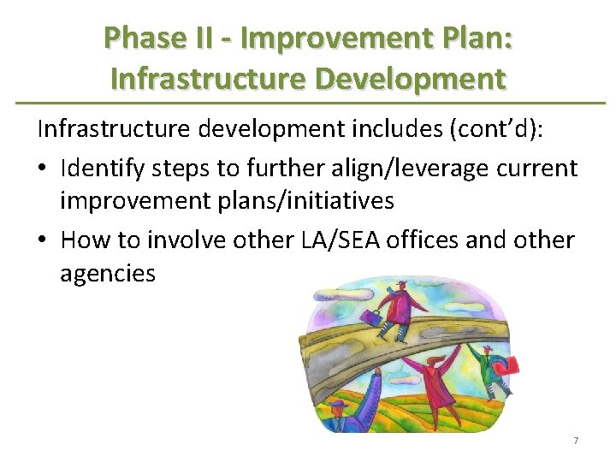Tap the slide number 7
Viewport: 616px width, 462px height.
click(x=576, y=440)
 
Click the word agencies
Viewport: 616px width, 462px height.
click(x=108, y=274)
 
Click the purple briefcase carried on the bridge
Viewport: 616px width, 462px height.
click(x=371, y=319)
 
